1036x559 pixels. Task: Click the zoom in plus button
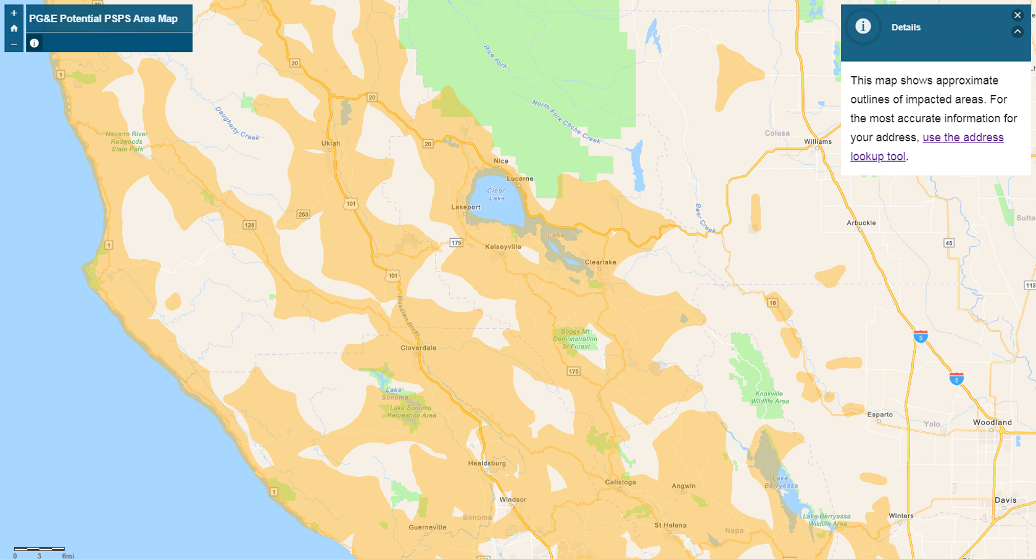pyautogui.click(x=14, y=13)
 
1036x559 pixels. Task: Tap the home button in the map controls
pyautogui.click(x=14, y=28)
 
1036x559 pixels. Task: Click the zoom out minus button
pyautogui.click(x=14, y=44)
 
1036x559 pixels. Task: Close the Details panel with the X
pyautogui.click(x=1017, y=15)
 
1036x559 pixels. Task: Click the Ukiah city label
pyautogui.click(x=331, y=143)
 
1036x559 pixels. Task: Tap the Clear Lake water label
pyautogui.click(x=496, y=194)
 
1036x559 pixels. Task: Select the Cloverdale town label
pyautogui.click(x=418, y=348)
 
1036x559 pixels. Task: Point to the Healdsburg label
pyautogui.click(x=487, y=463)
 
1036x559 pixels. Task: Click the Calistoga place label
pyautogui.click(x=620, y=482)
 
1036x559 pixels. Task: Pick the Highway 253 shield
pyautogui.click(x=303, y=215)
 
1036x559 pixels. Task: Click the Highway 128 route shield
pyautogui.click(x=249, y=225)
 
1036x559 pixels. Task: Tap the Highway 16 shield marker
pyautogui.click(x=773, y=302)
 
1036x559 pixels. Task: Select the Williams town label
pyautogui.click(x=818, y=141)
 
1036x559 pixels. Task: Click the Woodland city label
pyautogui.click(x=992, y=423)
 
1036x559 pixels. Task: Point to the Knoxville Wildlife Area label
pyautogui.click(x=769, y=397)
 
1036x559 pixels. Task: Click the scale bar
pyautogui.click(x=39, y=549)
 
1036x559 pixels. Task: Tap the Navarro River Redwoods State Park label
pyautogui.click(x=126, y=141)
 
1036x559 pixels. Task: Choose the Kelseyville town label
pyautogui.click(x=503, y=247)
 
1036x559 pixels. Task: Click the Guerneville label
pyautogui.click(x=427, y=528)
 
